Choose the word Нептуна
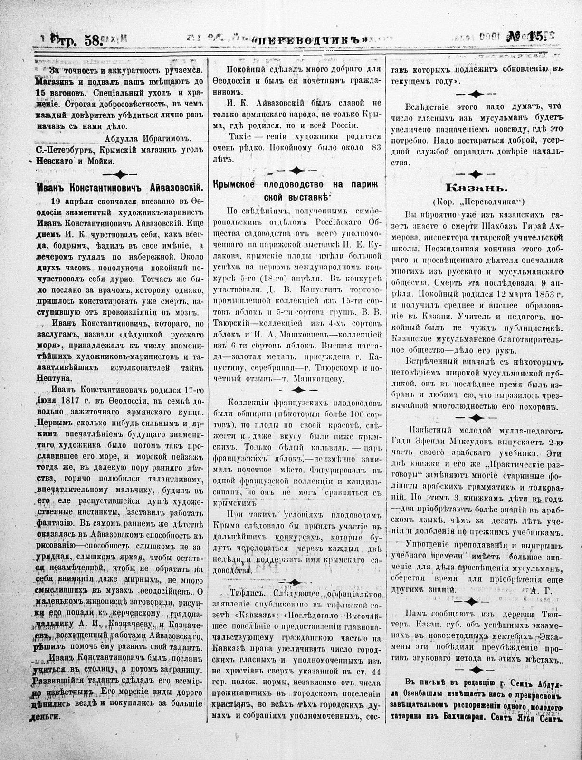coord(54,378)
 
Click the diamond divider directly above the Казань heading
coord(476,173)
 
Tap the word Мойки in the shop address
coord(100,161)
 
